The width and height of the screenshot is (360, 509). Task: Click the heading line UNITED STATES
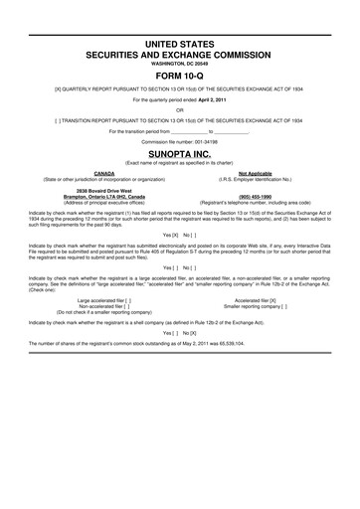point(179,47)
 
